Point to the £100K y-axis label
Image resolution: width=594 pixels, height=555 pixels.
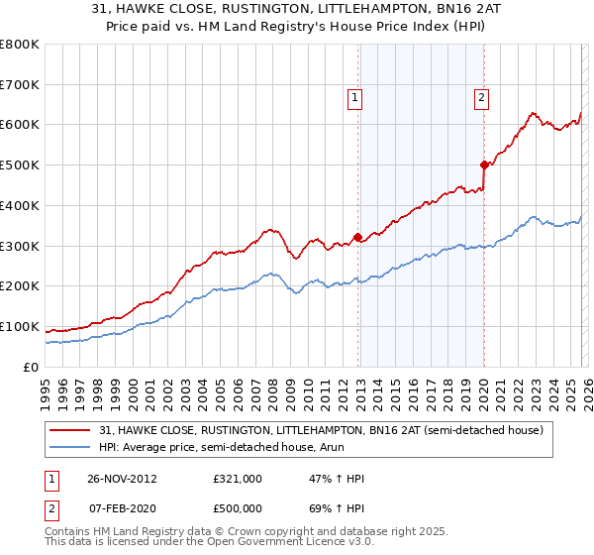pyautogui.click(x=20, y=326)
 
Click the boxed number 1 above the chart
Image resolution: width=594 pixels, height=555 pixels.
pyautogui.click(x=354, y=97)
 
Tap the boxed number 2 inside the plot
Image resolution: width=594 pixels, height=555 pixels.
pyautogui.click(x=480, y=97)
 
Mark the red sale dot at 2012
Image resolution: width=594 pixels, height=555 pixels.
pyautogui.click(x=357, y=237)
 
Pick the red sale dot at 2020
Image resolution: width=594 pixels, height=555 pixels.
pyautogui.click(x=484, y=165)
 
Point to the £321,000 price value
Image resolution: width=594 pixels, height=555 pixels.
pyautogui.click(x=237, y=478)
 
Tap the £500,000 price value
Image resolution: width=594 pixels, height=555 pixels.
pyautogui.click(x=237, y=507)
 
